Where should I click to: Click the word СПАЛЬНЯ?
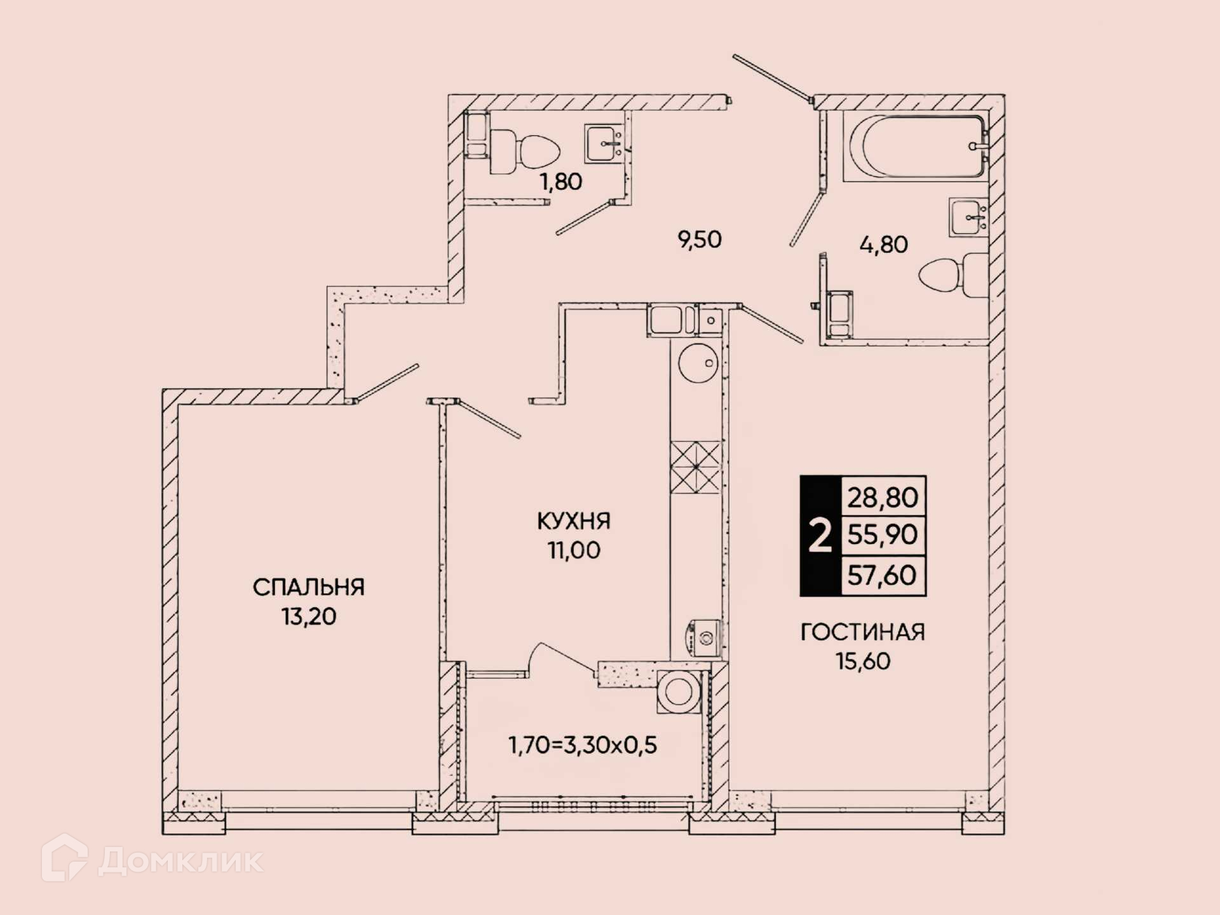pos(309,587)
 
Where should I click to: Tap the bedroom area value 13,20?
pos(309,616)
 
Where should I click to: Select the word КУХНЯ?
pos(574,521)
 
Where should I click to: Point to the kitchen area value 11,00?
pos(574,550)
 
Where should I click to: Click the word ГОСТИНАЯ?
pos(862,632)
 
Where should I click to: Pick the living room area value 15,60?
pos(862,661)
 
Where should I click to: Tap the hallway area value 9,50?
pos(700,240)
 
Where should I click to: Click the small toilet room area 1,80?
pos(560,182)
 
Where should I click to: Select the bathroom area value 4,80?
pos(883,245)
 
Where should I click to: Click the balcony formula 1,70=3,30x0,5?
pos(583,745)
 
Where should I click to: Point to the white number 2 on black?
pos(820,536)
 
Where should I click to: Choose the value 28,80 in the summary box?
pos(883,498)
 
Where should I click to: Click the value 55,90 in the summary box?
pos(883,535)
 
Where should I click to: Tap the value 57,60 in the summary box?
pos(882,575)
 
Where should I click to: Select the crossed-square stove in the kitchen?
pos(696,467)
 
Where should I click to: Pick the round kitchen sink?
pos(698,363)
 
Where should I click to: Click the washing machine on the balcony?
pos(679,691)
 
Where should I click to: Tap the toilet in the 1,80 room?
pos(525,152)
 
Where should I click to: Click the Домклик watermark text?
pos(180,862)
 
